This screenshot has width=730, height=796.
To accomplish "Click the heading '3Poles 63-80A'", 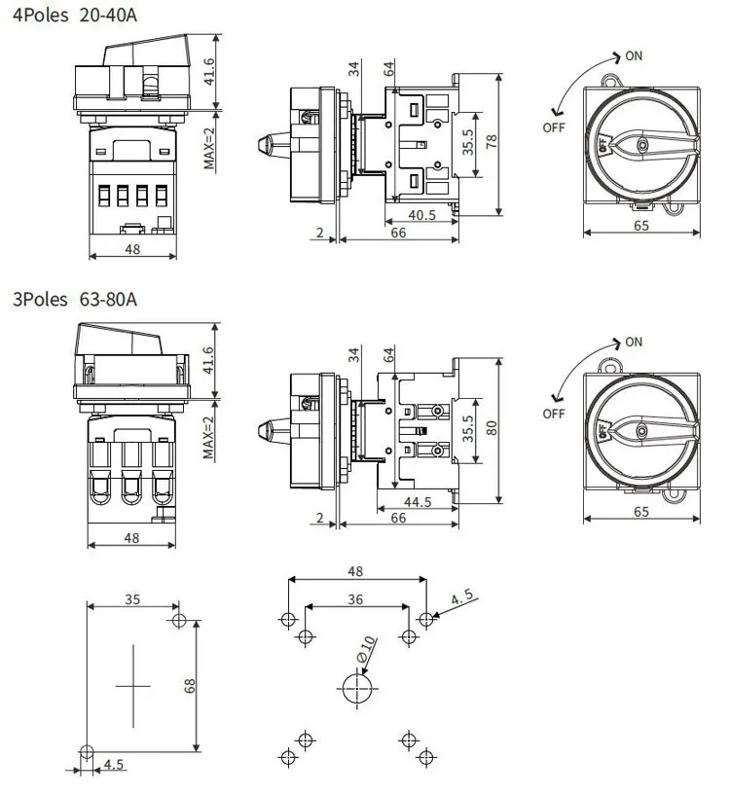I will pyautogui.click(x=75, y=299).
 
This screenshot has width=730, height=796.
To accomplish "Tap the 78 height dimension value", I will pyautogui.click(x=492, y=139).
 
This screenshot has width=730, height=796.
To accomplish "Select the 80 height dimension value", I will pyautogui.click(x=492, y=427).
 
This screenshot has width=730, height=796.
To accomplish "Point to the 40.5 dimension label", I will pyautogui.click(x=421, y=215).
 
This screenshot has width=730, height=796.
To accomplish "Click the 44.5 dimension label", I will pyautogui.click(x=420, y=502).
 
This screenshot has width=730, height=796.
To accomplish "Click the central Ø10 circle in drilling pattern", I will pyautogui.click(x=355, y=688).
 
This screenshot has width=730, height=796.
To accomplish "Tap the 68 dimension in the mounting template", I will pyautogui.click(x=190, y=685).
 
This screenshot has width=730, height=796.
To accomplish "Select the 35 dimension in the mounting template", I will pyautogui.click(x=132, y=598).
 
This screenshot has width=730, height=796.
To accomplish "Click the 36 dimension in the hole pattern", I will pyautogui.click(x=355, y=599).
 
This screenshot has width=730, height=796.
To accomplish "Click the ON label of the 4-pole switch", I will pyautogui.click(x=634, y=55).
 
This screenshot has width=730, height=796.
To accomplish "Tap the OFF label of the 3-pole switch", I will pyautogui.click(x=554, y=414).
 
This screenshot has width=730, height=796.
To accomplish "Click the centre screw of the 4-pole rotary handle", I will pyautogui.click(x=640, y=144).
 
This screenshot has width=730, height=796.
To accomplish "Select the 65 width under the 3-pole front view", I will pyautogui.click(x=640, y=510).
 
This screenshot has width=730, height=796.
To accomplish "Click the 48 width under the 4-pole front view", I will pyautogui.click(x=132, y=249).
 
